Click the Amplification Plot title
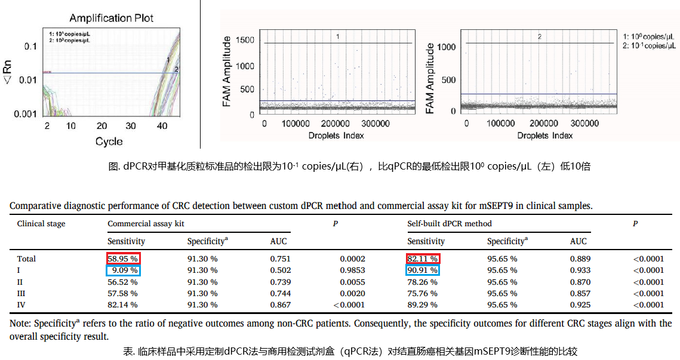111,18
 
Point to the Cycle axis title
109,141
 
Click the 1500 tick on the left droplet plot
244,41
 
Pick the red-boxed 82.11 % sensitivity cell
423,259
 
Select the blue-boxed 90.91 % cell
423,270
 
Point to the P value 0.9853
352,270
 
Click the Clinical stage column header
41,224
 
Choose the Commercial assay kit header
145,224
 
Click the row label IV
21,304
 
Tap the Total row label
26,259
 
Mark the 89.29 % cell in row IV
422,304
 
